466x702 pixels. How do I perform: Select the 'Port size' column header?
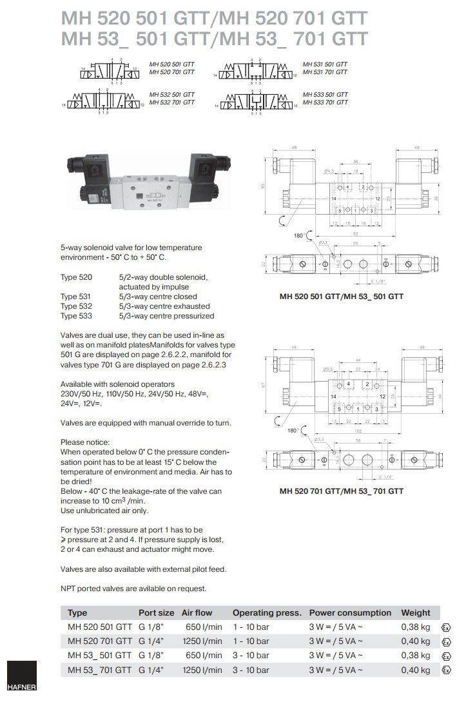pos(156,612)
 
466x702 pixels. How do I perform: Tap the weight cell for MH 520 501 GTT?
pos(415,627)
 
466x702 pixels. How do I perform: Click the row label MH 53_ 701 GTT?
pos(100,670)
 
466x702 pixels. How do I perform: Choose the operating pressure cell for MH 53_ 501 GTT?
pos(251,656)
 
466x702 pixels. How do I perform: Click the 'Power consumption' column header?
pos(350,612)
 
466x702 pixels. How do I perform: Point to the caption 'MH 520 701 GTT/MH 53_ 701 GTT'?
pos(342,491)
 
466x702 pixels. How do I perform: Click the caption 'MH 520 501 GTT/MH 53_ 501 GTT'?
pos(342,297)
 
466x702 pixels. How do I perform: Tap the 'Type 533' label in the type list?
pos(76,316)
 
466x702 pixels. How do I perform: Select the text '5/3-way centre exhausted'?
pos(164,306)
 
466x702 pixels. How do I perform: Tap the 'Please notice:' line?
pos(85,442)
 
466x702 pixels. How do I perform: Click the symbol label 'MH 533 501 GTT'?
pos(325,95)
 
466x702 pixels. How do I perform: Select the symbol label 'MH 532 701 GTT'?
pos(171,102)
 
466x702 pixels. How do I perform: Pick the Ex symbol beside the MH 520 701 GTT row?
pos(445,642)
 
